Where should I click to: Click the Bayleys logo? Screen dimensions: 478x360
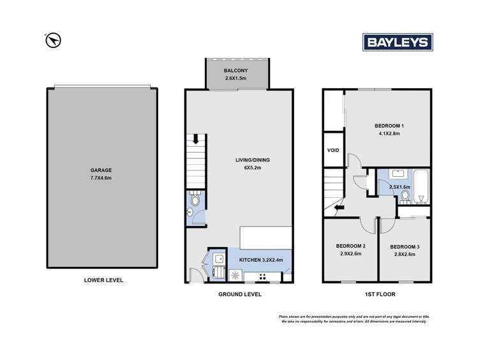[x=398, y=42]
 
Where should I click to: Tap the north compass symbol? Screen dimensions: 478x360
[x=53, y=40]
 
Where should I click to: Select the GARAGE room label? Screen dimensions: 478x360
[x=101, y=170]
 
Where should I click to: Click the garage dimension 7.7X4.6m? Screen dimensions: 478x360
[x=101, y=177]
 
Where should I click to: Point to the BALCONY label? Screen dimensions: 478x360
[x=235, y=70]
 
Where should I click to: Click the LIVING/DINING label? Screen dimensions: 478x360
[x=253, y=160]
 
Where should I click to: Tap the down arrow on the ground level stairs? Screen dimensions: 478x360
[x=196, y=139]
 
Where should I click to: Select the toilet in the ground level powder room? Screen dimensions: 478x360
[x=195, y=199]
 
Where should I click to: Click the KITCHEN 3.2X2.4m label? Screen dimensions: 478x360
[x=261, y=260]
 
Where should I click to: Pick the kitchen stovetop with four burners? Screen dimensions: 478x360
[x=262, y=277]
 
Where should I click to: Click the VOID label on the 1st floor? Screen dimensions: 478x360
[x=333, y=150]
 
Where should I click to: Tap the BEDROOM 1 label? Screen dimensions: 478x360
[x=389, y=126]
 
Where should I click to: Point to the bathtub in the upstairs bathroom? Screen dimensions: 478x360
[x=421, y=186]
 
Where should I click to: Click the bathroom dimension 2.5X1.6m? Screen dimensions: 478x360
[x=400, y=187]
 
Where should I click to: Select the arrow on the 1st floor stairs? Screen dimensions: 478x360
[x=339, y=207]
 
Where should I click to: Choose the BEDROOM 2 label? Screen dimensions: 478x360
[x=350, y=246]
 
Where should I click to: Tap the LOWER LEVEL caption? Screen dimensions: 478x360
[x=103, y=280]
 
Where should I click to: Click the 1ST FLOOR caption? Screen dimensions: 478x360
[x=380, y=294]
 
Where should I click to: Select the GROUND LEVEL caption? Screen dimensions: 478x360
[x=240, y=294]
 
